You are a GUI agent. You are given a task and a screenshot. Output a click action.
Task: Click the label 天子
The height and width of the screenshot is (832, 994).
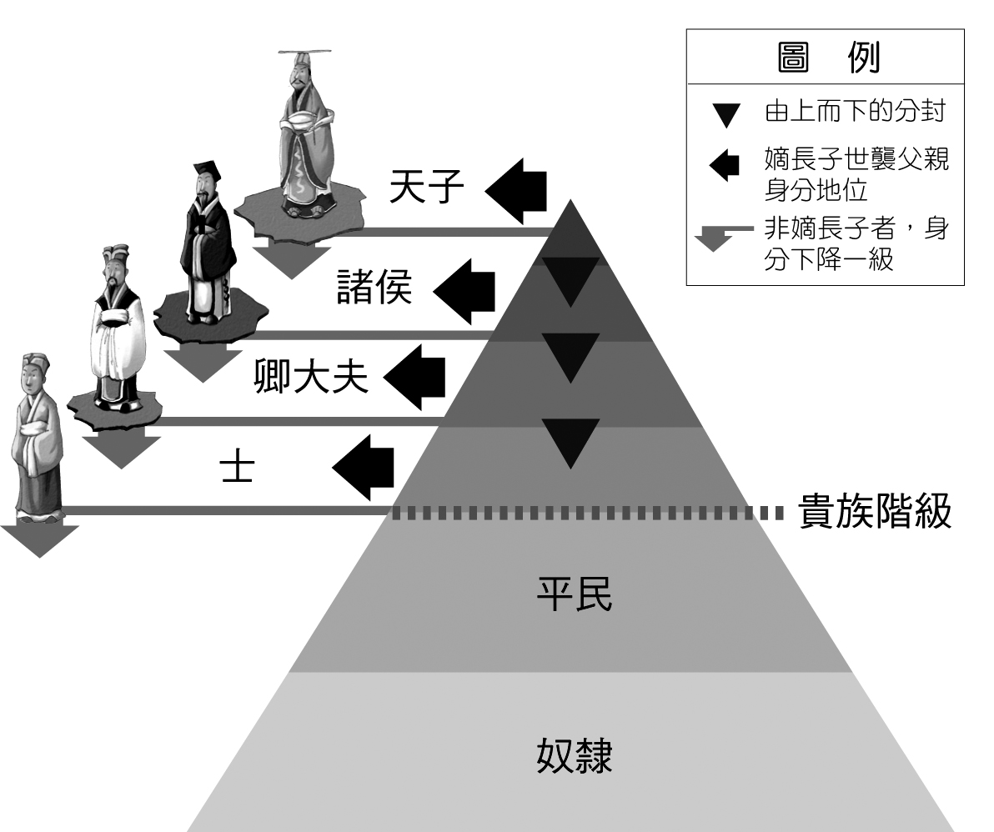click(x=426, y=188)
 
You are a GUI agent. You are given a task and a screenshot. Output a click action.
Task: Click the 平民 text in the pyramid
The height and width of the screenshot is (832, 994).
click(x=573, y=594)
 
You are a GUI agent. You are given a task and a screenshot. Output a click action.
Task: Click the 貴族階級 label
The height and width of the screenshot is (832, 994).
click(x=875, y=511)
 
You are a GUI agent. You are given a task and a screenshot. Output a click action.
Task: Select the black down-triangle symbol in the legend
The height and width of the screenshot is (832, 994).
click(x=726, y=115)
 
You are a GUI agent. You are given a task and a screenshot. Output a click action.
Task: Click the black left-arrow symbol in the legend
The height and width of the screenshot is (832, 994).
click(x=724, y=163)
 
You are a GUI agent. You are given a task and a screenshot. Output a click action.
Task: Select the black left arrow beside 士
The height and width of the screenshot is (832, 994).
click(x=364, y=467)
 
